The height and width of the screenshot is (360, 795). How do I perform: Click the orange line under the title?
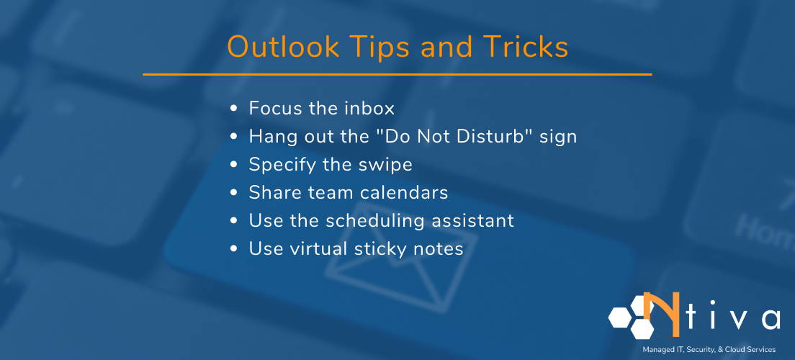[397, 74]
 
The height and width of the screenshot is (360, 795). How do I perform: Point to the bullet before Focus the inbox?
[233, 109]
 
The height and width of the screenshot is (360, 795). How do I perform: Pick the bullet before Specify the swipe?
[233, 165]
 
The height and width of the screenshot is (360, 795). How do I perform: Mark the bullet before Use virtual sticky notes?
[233, 249]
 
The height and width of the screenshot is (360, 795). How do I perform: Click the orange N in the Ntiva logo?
[659, 314]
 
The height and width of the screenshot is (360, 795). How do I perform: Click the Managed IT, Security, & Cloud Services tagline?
[709, 349]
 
